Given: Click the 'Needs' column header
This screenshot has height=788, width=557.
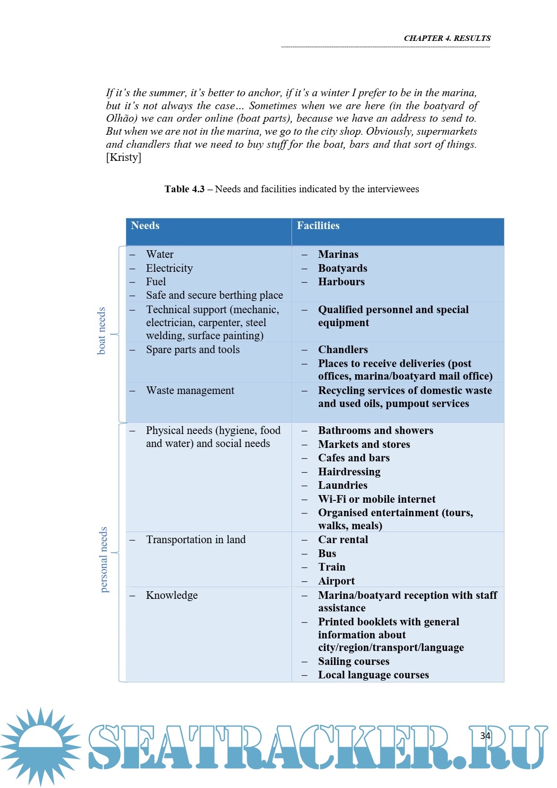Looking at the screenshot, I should pyautogui.click(x=145, y=226).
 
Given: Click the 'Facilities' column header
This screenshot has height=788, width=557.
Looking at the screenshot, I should pyautogui.click(x=318, y=226).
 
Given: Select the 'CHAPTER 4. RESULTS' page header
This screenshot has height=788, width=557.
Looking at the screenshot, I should pyautogui.click(x=447, y=38).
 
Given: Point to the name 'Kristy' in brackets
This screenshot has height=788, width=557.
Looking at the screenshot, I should pyautogui.click(x=124, y=157).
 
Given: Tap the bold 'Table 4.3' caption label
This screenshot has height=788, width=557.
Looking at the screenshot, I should pyautogui.click(x=184, y=189).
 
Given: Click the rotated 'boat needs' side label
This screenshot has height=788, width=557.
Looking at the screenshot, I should pyautogui.click(x=102, y=331).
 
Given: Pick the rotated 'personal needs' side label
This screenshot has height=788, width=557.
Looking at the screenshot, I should pyautogui.click(x=104, y=560).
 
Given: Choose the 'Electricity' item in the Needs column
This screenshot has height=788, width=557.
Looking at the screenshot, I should pyautogui.click(x=169, y=268).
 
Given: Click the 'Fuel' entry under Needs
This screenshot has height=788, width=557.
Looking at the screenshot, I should pyautogui.click(x=156, y=282).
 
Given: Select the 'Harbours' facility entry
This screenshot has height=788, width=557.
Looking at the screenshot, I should pyautogui.click(x=341, y=282).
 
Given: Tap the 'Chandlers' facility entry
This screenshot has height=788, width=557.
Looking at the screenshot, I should pyautogui.click(x=343, y=350).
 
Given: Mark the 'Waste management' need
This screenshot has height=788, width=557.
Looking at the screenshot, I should pyautogui.click(x=190, y=390).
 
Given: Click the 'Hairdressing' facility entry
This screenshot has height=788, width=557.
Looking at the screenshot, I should pyautogui.click(x=349, y=472).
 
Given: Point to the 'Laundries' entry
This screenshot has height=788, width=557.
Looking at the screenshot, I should pyautogui.click(x=343, y=485).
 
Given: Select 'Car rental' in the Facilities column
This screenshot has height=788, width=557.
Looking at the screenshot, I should pyautogui.click(x=343, y=540).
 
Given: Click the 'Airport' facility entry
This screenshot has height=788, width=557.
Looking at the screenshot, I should pyautogui.click(x=336, y=581).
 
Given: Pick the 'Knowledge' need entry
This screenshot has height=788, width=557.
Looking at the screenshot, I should pyautogui.click(x=172, y=595).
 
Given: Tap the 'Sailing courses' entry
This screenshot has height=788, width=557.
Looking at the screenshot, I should pyautogui.click(x=354, y=661).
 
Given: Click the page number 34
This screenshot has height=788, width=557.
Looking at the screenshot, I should pyautogui.click(x=485, y=736).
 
